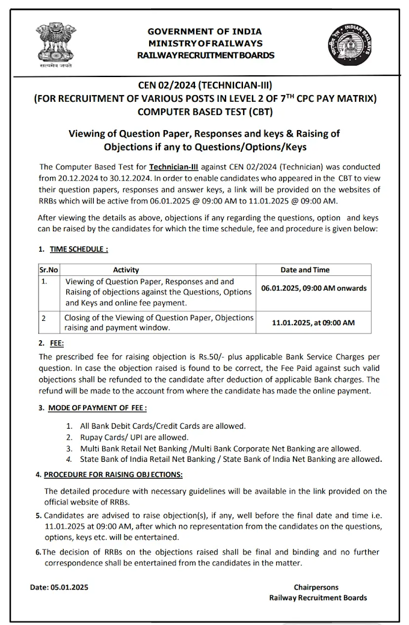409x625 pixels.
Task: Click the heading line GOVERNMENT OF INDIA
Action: [x=205, y=31]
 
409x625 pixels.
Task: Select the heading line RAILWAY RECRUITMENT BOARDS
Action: [x=205, y=55]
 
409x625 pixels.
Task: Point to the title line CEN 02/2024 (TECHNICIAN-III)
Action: [x=205, y=86]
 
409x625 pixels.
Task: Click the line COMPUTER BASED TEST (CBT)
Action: [x=205, y=110]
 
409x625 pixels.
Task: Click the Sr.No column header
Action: [x=49, y=270]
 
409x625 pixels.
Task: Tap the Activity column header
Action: [x=126, y=270]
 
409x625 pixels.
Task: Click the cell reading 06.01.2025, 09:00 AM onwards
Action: [x=313, y=288]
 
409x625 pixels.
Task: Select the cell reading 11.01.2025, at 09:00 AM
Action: [x=313, y=323]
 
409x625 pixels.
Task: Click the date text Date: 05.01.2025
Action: [x=60, y=587]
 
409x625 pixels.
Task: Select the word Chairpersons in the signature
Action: [x=316, y=587]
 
